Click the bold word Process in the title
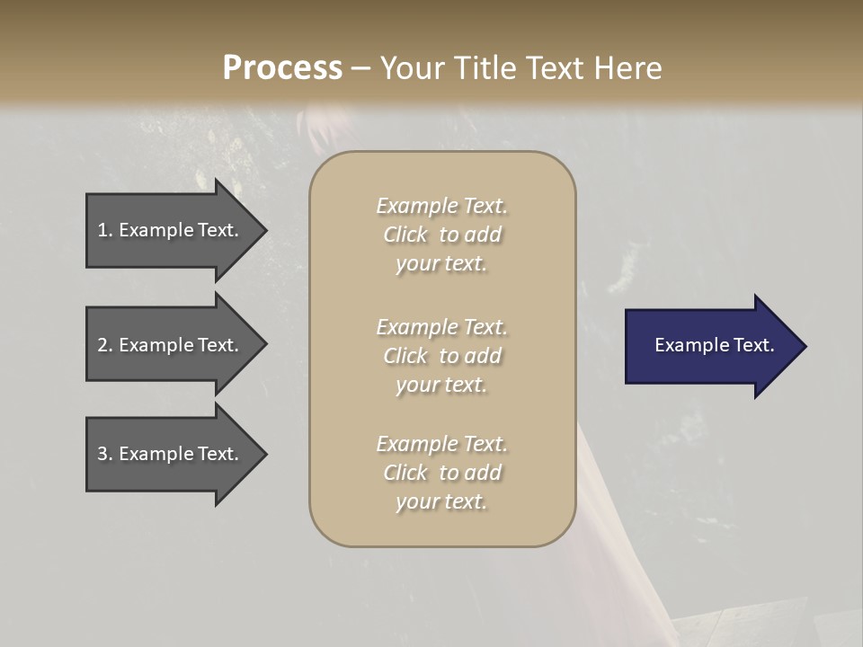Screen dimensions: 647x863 click(x=282, y=68)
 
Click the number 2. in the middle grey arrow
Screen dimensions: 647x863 click(x=104, y=345)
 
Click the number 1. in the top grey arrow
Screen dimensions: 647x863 click(x=104, y=230)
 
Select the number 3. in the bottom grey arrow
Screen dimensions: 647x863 click(x=104, y=454)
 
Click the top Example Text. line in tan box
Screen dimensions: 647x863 click(x=441, y=206)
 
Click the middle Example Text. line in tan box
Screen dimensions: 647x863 click(x=441, y=327)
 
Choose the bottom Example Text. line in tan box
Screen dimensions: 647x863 click(x=441, y=444)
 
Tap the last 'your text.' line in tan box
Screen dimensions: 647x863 click(x=441, y=501)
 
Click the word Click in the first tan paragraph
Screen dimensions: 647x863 click(x=405, y=235)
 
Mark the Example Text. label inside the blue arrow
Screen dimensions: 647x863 click(x=715, y=345)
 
